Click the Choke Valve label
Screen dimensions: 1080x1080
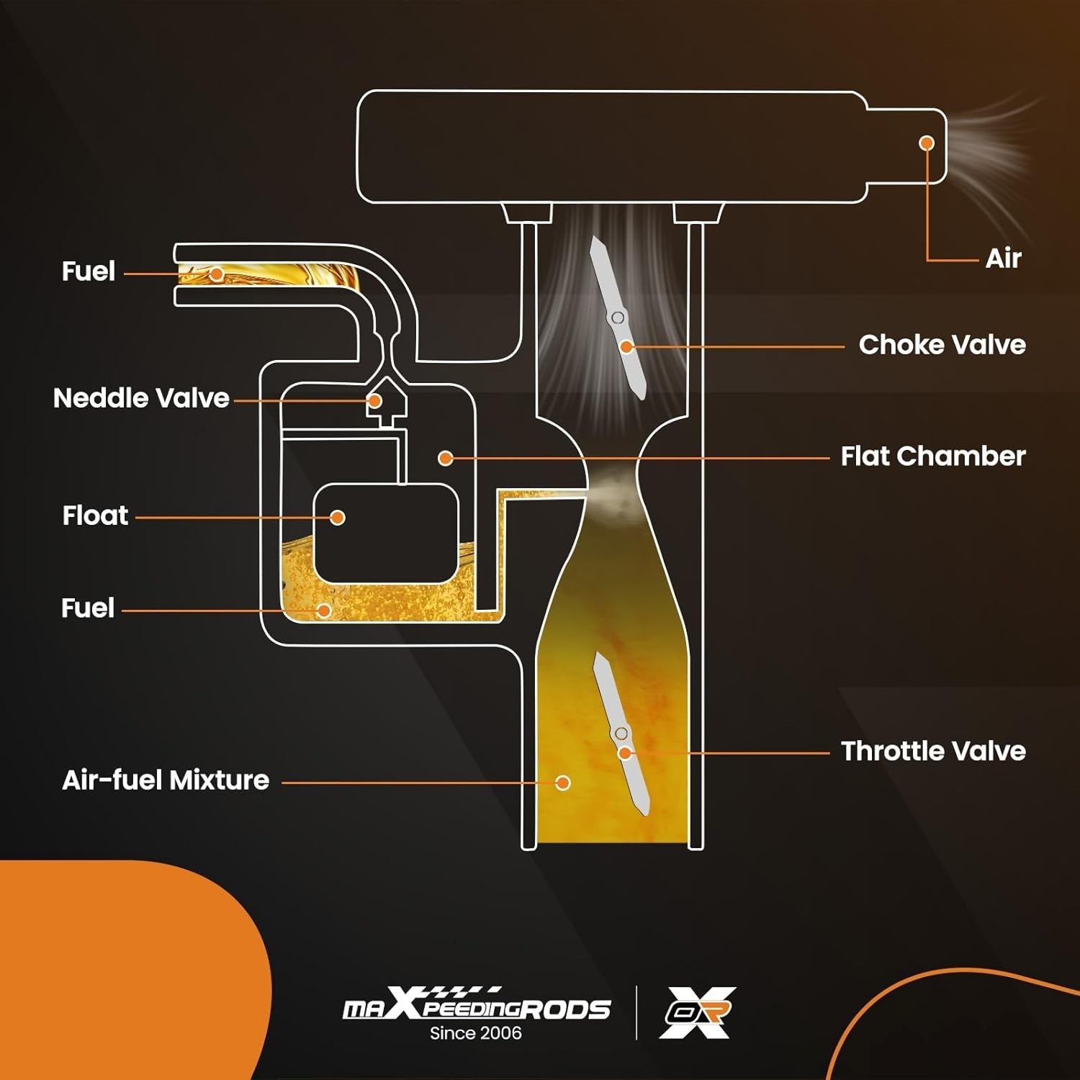click(x=942, y=345)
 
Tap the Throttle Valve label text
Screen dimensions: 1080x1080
click(x=933, y=751)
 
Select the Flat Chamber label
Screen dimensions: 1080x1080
click(x=933, y=456)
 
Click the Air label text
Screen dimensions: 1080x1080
click(x=1003, y=258)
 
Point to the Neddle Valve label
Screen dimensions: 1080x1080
click(x=141, y=398)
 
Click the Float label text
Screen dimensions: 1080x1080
click(x=95, y=516)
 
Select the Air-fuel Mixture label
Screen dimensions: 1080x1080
click(x=166, y=780)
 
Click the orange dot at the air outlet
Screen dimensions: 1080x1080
click(x=927, y=143)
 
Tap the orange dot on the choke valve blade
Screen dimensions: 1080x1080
click(x=627, y=347)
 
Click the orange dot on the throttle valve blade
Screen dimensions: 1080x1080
click(x=625, y=753)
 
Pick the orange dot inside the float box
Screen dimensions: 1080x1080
click(x=338, y=517)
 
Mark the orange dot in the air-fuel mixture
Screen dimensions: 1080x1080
click(x=563, y=783)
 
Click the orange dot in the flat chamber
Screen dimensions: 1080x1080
click(x=446, y=458)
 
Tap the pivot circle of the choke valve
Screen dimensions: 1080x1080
click(x=617, y=318)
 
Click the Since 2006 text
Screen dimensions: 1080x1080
click(x=475, y=1033)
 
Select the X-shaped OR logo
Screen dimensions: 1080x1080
click(x=698, y=1012)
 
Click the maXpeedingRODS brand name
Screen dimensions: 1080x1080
click(x=477, y=1007)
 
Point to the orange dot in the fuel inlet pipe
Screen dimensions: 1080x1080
click(x=216, y=274)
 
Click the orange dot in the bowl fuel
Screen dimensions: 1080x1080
click(x=324, y=611)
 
